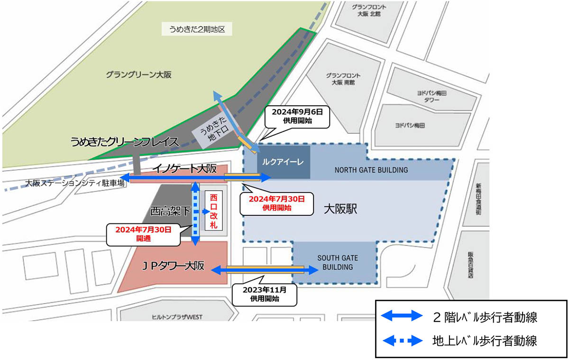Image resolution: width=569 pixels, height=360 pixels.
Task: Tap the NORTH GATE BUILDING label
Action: click(371, 169)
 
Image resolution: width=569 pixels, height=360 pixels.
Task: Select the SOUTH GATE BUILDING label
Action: click(337, 262)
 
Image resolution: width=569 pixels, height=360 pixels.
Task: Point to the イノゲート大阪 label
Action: click(184, 169)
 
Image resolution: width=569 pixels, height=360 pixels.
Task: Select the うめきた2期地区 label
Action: click(196, 29)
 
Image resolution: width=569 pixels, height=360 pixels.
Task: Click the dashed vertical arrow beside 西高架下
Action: click(194, 213)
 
